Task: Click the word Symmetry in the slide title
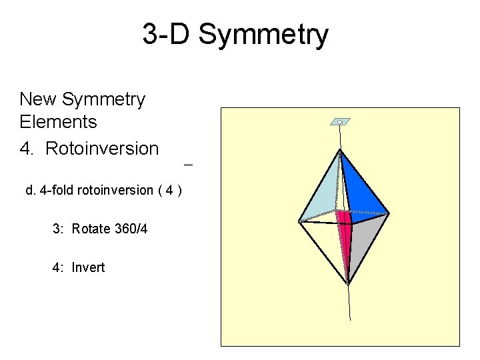(x=263, y=35)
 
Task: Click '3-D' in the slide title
(x=167, y=35)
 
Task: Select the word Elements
(x=59, y=122)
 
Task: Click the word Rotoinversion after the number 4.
(x=102, y=148)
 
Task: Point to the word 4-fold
(x=57, y=191)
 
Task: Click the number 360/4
(x=131, y=229)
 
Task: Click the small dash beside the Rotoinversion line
(x=187, y=164)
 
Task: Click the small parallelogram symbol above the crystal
(x=340, y=122)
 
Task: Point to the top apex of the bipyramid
(x=340, y=151)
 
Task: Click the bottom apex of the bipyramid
(x=348, y=283)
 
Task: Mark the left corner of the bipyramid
(x=299, y=221)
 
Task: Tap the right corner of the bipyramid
(x=388, y=213)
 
